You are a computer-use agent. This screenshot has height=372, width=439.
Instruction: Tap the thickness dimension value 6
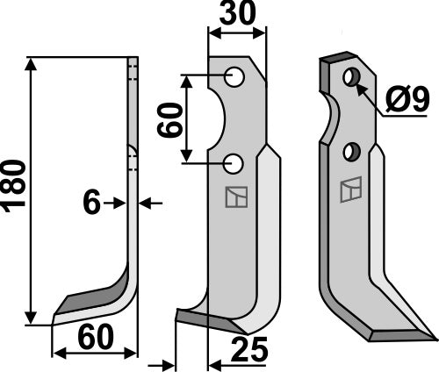point(90,204)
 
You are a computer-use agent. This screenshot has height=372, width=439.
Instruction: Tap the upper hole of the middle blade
point(234,76)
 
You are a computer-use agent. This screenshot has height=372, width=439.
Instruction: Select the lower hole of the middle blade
point(234,162)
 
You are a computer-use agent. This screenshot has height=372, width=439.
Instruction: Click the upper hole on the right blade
point(351,77)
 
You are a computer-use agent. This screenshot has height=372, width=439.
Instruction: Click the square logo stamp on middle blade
point(235,198)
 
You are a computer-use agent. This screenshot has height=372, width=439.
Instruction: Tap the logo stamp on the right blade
point(350,189)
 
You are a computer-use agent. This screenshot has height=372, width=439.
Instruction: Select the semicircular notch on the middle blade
point(219,119)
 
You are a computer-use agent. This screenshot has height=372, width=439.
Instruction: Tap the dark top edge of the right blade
point(336,59)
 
